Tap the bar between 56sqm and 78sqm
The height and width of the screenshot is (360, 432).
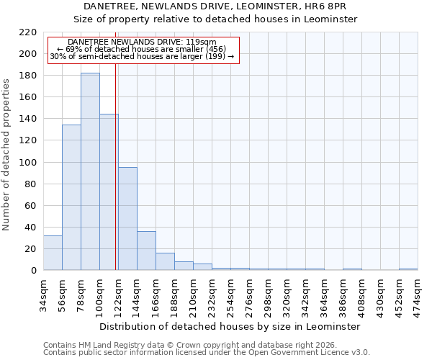[x=71, y=197]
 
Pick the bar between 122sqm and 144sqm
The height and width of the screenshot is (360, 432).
[x=127, y=219]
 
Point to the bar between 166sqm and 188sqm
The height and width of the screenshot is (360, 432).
[x=165, y=261]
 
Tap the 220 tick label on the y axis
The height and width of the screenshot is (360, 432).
[x=28, y=32]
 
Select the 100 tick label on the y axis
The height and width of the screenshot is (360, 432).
[x=28, y=163]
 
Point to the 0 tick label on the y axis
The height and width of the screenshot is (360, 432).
[x=33, y=271]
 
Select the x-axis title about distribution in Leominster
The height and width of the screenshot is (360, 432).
[x=230, y=326]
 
